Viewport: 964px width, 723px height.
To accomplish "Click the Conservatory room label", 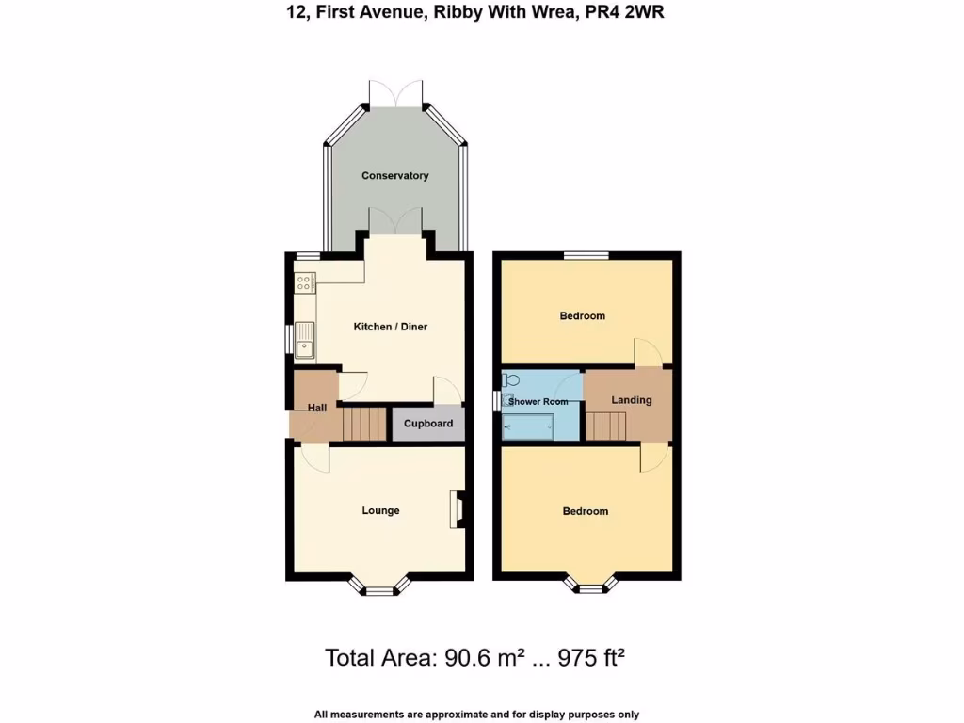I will pos(395,176).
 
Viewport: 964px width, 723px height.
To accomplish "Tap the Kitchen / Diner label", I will pos(390,327).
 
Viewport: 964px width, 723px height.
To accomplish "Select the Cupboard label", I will pos(428,424).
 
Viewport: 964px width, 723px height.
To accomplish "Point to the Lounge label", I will pos(381,511).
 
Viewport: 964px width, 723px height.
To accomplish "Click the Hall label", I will pos(317,408).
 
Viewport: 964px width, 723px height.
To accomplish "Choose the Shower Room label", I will pos(538,402).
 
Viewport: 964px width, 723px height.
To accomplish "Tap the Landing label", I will pos(632,400).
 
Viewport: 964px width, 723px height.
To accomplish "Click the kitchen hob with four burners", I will pos(305,281).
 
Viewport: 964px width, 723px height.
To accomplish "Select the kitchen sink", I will pos(305,341).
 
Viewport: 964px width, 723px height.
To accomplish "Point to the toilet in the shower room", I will pos(511,379).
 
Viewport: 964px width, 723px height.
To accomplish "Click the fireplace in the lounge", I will pos(457,509).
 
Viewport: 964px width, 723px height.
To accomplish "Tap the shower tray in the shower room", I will pos(528,429).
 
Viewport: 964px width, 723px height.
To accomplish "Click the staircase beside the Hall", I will pos(365,424).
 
